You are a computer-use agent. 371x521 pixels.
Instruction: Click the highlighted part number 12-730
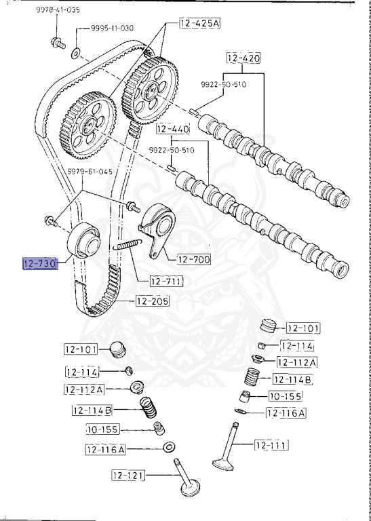[x=40, y=264]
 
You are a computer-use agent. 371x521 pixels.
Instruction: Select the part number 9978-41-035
[x=58, y=10]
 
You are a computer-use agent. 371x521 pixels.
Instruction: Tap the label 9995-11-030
[x=113, y=28]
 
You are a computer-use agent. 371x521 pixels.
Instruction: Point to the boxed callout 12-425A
[x=199, y=23]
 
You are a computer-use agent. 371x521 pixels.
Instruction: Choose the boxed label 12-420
[x=243, y=58]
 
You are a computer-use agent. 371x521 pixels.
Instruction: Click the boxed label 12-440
[x=173, y=129]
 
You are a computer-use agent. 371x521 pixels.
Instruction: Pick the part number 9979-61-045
[x=90, y=172]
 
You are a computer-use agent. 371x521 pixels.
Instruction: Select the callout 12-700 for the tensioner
[x=194, y=259]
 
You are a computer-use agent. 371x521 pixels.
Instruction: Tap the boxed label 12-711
[x=167, y=282]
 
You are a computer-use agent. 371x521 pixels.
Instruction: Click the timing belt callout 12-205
[x=153, y=301]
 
